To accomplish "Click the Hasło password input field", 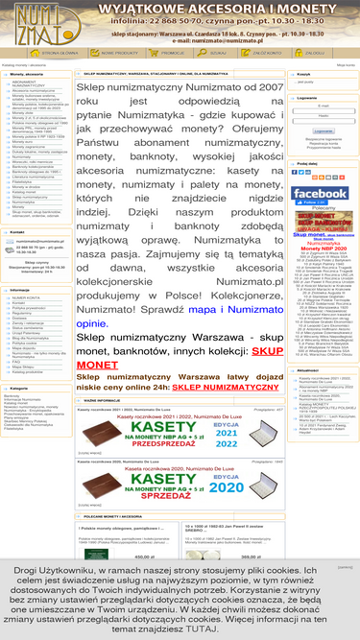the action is coord(323,122).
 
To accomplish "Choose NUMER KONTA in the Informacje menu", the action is coord(28,297).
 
